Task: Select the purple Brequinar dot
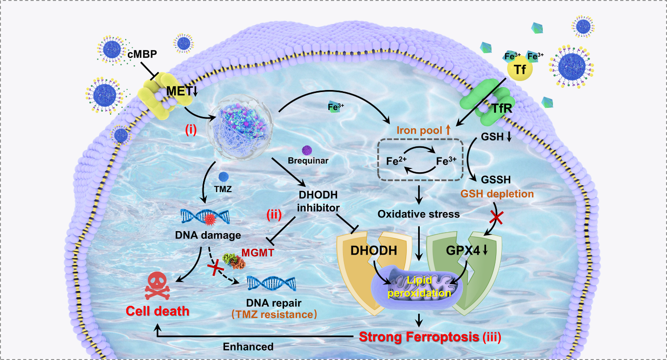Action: pyautogui.click(x=307, y=151)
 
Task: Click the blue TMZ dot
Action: pyautogui.click(x=224, y=177)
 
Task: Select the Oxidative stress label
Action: pyautogui.click(x=419, y=214)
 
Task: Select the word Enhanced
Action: pyautogui.click(x=248, y=347)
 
